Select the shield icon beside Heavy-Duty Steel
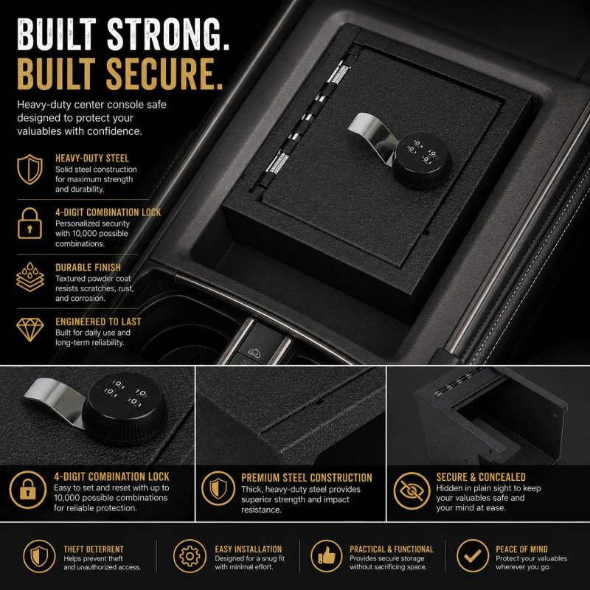29,170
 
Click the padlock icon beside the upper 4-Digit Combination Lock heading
29,223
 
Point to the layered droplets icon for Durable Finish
30,277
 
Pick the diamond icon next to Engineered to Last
30,330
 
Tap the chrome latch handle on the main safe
372,134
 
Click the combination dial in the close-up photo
125,409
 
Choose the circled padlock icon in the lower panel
28,490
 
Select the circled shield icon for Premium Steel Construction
218,488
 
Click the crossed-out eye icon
412,490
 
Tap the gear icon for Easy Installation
190,556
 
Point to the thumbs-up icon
327,556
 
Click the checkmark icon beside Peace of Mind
473,555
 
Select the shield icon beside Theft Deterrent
39,556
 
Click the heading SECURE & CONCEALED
481,477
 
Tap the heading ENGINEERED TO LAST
98,322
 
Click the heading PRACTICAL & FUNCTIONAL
392,549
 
